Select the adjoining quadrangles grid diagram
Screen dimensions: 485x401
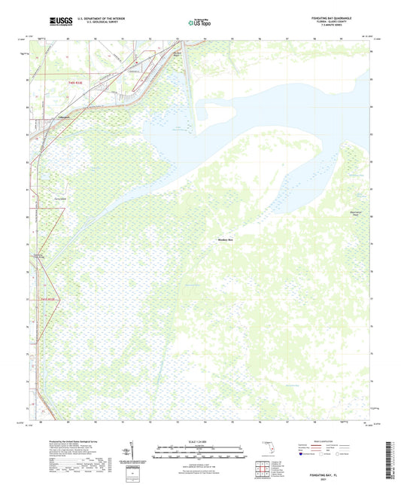(263, 469)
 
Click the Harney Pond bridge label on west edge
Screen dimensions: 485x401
(42, 257)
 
